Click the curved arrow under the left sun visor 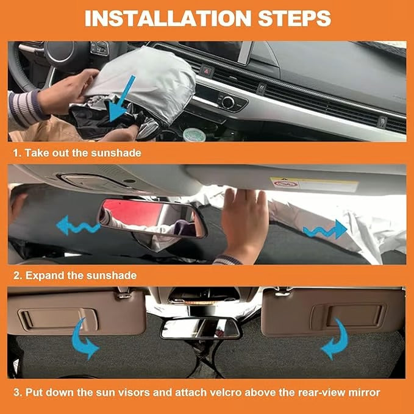[x=85, y=341]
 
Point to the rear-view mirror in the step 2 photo [x=152, y=218]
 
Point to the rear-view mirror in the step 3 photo [x=200, y=327]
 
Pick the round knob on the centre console [x=228, y=102]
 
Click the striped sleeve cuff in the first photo [x=27, y=104]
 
